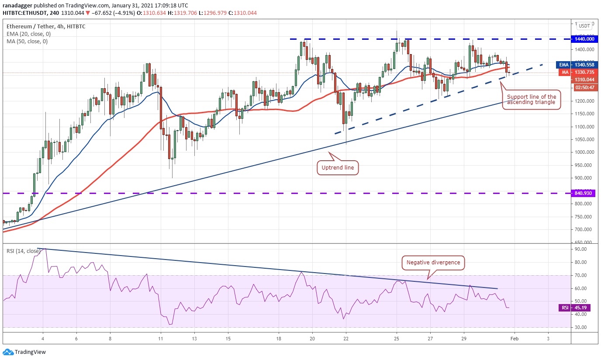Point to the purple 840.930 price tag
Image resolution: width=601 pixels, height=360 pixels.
click(585, 193)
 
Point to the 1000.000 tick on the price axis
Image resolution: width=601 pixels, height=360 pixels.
click(584, 152)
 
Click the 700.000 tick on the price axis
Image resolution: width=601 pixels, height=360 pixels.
click(584, 230)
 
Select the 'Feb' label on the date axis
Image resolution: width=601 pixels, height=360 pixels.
click(514, 338)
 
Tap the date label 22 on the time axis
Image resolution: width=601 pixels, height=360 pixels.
click(345, 338)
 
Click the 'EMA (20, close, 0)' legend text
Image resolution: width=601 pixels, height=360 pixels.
click(27, 34)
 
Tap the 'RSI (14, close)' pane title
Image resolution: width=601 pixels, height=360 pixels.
click(23, 251)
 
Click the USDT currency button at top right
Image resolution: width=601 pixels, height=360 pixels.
click(584, 26)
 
